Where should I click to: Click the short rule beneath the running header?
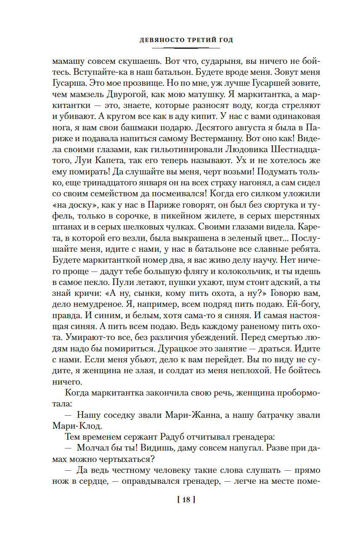pyautogui.click(x=186, y=47)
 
